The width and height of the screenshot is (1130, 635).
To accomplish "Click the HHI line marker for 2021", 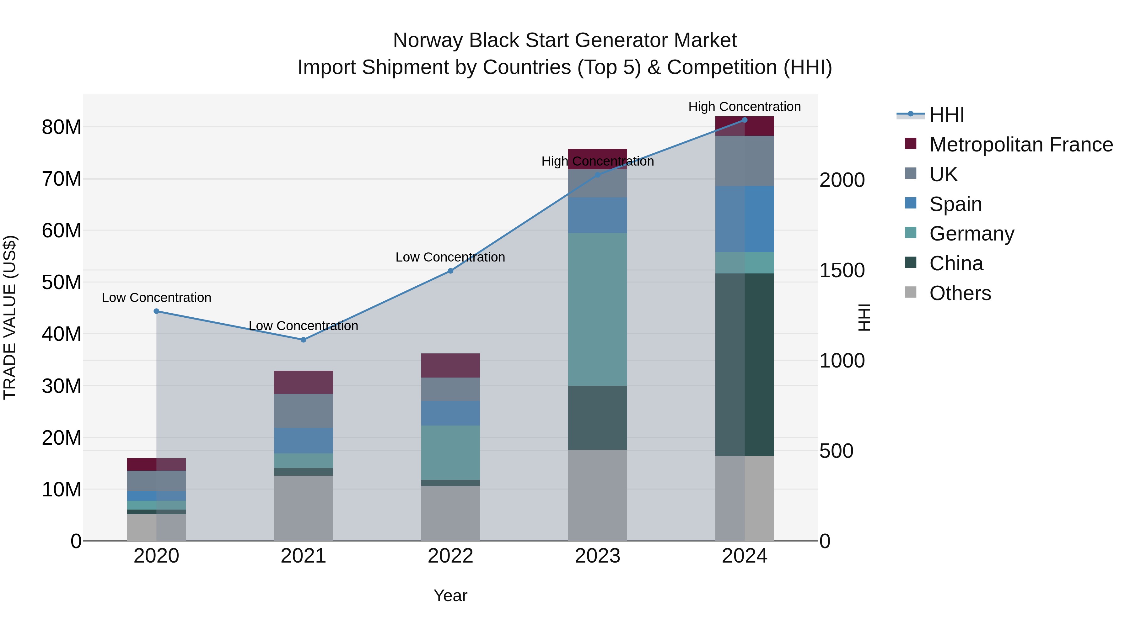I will click(303, 340).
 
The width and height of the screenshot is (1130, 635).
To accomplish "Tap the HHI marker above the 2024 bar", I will click(745, 120).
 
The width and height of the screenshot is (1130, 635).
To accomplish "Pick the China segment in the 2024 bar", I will click(745, 365).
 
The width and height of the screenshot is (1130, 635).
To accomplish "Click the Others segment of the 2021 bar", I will click(303, 508).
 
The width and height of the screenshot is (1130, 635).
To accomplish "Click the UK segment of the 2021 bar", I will click(303, 410).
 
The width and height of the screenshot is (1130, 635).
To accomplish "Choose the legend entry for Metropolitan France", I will click(1020, 145).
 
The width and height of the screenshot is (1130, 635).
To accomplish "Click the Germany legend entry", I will click(971, 234).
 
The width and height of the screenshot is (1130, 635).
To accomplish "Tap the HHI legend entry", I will click(946, 115).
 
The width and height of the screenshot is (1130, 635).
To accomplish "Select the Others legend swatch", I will click(910, 292).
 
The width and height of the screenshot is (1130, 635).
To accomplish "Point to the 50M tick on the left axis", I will click(62, 282).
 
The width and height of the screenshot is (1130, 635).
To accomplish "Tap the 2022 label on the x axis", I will click(450, 556).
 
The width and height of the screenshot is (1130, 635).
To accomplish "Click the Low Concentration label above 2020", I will click(156, 298).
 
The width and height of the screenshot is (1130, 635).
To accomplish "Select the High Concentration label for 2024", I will click(745, 107).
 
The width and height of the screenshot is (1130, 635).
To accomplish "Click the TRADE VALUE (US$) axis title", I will click(10, 317).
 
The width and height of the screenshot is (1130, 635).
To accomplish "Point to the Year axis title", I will click(450, 595).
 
